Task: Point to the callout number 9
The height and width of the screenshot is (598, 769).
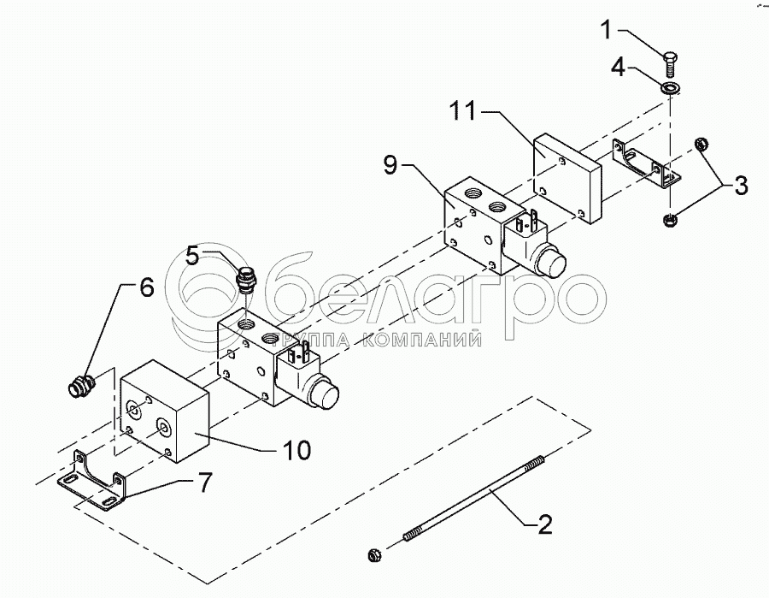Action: (x=390, y=165)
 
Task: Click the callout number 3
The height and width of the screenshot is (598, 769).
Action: (x=740, y=184)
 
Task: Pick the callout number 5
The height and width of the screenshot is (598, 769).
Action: (x=193, y=255)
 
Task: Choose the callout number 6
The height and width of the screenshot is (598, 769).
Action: (x=146, y=288)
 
